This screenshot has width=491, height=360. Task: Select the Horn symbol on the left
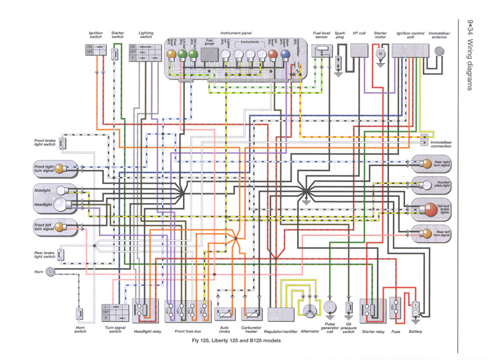(50, 270)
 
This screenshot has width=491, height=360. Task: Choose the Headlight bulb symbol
(60, 204)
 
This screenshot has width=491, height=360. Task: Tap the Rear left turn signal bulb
(423, 232)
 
